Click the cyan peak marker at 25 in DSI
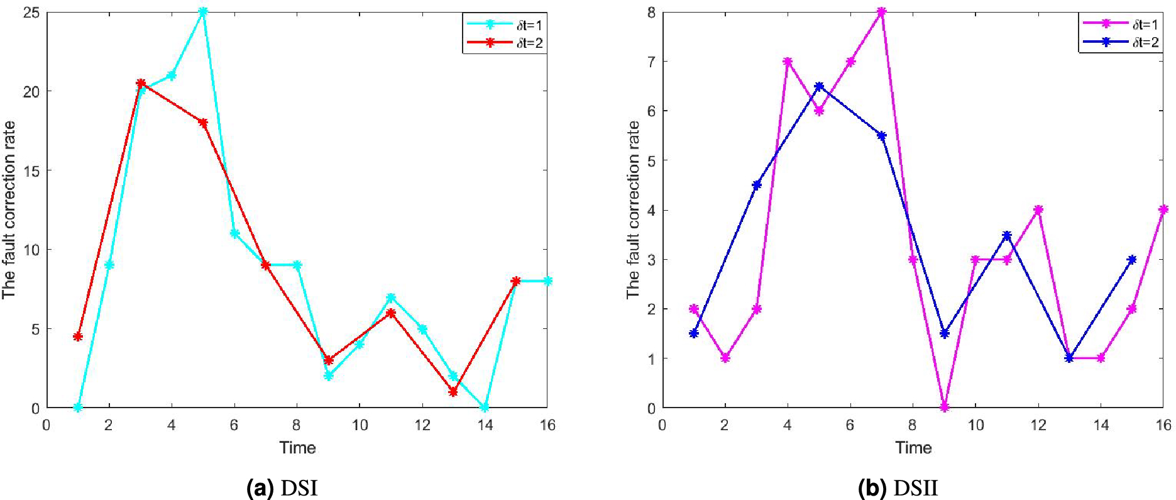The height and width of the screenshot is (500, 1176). (202, 12)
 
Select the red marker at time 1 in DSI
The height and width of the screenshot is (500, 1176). (77, 336)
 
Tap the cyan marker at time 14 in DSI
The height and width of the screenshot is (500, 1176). (485, 408)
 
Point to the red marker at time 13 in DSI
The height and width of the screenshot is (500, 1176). (453, 392)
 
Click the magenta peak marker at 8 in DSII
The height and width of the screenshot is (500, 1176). (881, 12)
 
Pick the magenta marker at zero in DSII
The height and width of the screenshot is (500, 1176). (944, 408)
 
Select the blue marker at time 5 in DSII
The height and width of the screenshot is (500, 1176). (819, 86)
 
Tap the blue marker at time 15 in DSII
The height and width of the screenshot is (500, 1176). (1132, 260)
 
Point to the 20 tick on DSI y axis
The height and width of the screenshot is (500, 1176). (31, 92)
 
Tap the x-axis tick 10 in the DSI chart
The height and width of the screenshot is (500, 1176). (360, 425)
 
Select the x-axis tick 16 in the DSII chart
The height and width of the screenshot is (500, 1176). (1163, 425)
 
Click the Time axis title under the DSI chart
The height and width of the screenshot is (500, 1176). (297, 448)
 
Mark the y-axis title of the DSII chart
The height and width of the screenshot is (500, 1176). (632, 209)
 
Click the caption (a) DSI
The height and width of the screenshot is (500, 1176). (282, 488)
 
